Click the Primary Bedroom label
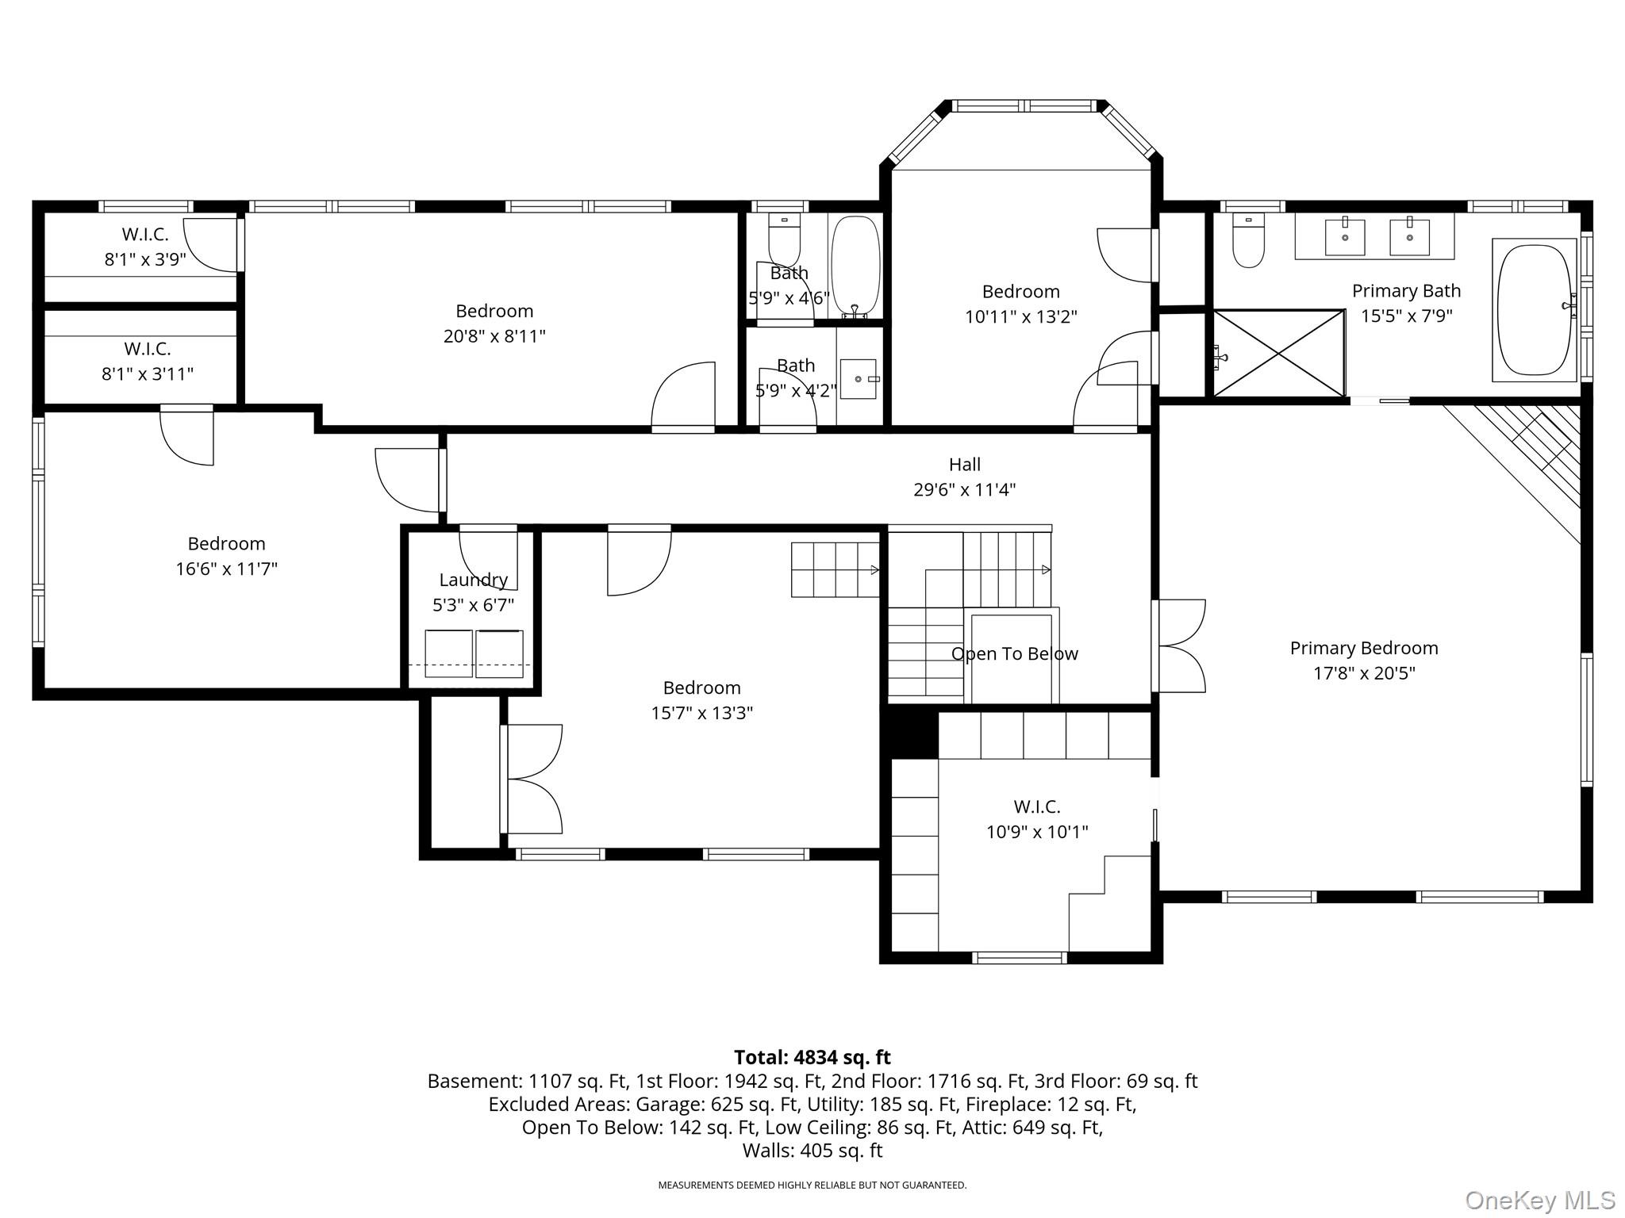(x=1364, y=649)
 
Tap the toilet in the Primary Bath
(x=1248, y=241)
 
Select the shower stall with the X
(x=1279, y=353)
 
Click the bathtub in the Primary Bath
(x=1534, y=310)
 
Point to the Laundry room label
(x=474, y=580)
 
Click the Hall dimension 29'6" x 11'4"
(x=965, y=490)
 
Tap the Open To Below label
(x=1015, y=654)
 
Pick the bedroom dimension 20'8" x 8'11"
(x=494, y=336)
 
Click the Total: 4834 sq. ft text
(x=812, y=1057)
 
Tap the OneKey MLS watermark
(x=1540, y=1201)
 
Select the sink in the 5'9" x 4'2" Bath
(x=859, y=379)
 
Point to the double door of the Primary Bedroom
(x=1179, y=646)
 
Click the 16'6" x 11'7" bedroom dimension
(x=227, y=569)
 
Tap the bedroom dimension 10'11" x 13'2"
(x=1021, y=317)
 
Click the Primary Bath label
(x=1407, y=291)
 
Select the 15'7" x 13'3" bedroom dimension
(x=702, y=713)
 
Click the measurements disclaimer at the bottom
(x=812, y=1185)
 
